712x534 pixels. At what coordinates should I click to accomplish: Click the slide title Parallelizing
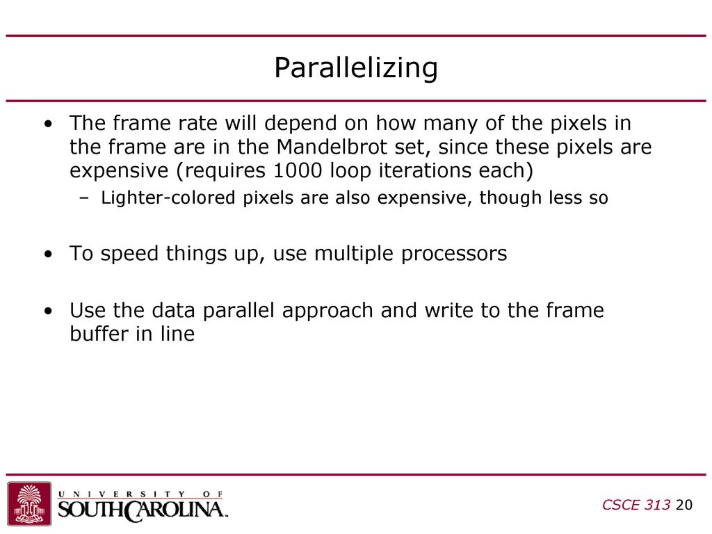pos(356,68)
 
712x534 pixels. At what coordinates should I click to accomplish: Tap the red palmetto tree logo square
pos(29,503)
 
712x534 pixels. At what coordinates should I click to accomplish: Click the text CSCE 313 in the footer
pos(636,505)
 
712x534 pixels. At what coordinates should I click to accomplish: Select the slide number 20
pos(684,505)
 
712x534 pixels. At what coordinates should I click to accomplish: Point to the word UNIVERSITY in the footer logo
pos(122,494)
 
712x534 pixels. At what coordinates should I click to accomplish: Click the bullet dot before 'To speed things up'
pos(49,254)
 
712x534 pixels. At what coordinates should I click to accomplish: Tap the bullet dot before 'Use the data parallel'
pos(49,311)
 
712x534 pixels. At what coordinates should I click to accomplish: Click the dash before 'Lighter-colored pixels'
pos(84,198)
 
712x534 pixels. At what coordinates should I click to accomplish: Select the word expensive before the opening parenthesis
pos(119,171)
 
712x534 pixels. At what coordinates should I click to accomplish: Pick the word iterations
pos(426,170)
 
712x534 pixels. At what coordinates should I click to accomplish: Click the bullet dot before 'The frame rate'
pos(49,124)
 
